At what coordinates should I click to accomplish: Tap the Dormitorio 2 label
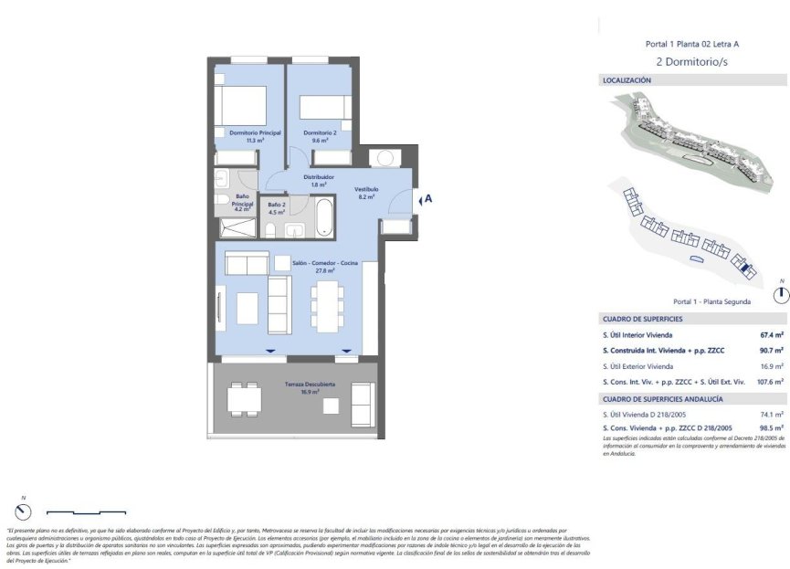(x=320, y=132)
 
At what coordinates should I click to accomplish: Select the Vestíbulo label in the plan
(x=366, y=189)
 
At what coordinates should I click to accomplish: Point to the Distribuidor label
(x=319, y=177)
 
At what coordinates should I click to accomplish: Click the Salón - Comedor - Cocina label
(x=325, y=263)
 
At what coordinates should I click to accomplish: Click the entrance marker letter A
(x=427, y=197)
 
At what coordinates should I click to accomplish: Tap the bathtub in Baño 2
(x=325, y=216)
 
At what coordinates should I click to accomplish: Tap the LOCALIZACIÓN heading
(x=627, y=80)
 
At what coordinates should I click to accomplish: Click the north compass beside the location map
(x=780, y=294)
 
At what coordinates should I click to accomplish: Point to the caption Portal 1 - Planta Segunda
(x=711, y=301)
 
